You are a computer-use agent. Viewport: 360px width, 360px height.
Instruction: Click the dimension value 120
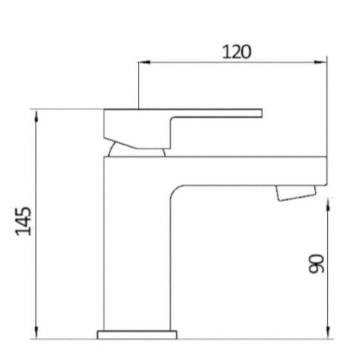pos(236,51)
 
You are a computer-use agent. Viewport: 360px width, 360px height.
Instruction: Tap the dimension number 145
pos(24,221)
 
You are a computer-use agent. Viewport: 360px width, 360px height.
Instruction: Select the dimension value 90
pos(316,263)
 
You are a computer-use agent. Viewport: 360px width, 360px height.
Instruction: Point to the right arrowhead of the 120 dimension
pos(322,63)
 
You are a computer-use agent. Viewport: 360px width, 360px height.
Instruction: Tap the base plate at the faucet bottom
pos(139,333)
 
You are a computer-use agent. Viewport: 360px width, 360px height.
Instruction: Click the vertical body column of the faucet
pos(137,256)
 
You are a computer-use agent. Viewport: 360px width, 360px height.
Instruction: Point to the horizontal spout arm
pos(249,169)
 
